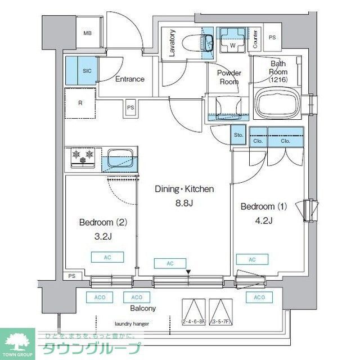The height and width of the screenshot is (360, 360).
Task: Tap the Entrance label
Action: [130, 79]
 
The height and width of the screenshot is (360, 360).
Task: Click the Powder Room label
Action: [229, 77]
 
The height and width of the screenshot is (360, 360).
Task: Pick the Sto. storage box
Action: [238, 136]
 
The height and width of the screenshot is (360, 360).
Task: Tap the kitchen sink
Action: [120, 158]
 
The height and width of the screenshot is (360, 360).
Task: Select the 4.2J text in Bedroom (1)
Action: [264, 220]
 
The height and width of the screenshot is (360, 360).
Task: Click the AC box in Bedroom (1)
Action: [251, 259]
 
